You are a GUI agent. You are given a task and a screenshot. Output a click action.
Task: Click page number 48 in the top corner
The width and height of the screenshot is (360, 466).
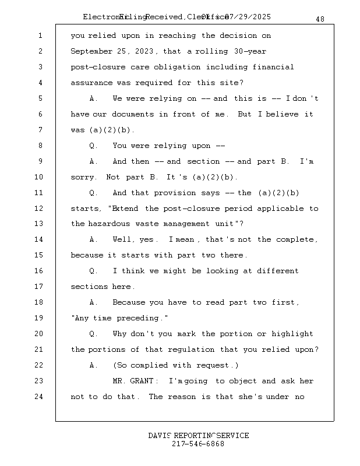click(320, 19)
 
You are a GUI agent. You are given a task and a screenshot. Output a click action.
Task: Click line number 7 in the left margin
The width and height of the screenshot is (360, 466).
click(40, 130)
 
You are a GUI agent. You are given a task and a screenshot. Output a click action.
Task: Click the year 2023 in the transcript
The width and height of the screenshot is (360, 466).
click(147, 52)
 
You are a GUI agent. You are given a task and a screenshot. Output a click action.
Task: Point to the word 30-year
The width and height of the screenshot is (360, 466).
click(248, 52)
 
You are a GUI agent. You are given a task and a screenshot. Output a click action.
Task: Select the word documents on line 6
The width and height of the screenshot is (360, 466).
click(132, 114)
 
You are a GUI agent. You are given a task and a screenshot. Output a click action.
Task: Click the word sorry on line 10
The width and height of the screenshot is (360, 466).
click(83, 177)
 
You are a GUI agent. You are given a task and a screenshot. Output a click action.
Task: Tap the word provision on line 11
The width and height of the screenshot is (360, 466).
click(175, 193)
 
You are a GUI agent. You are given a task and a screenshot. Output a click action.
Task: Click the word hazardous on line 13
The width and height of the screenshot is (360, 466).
click(110, 224)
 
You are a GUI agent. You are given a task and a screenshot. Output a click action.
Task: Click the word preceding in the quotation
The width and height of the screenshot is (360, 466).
click(143, 318)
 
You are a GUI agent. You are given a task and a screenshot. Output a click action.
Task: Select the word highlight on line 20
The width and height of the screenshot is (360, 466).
click(292, 334)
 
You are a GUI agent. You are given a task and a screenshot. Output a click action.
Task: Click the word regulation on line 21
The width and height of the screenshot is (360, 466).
click(192, 349)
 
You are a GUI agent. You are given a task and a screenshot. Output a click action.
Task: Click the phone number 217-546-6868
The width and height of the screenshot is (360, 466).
click(198, 444)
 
